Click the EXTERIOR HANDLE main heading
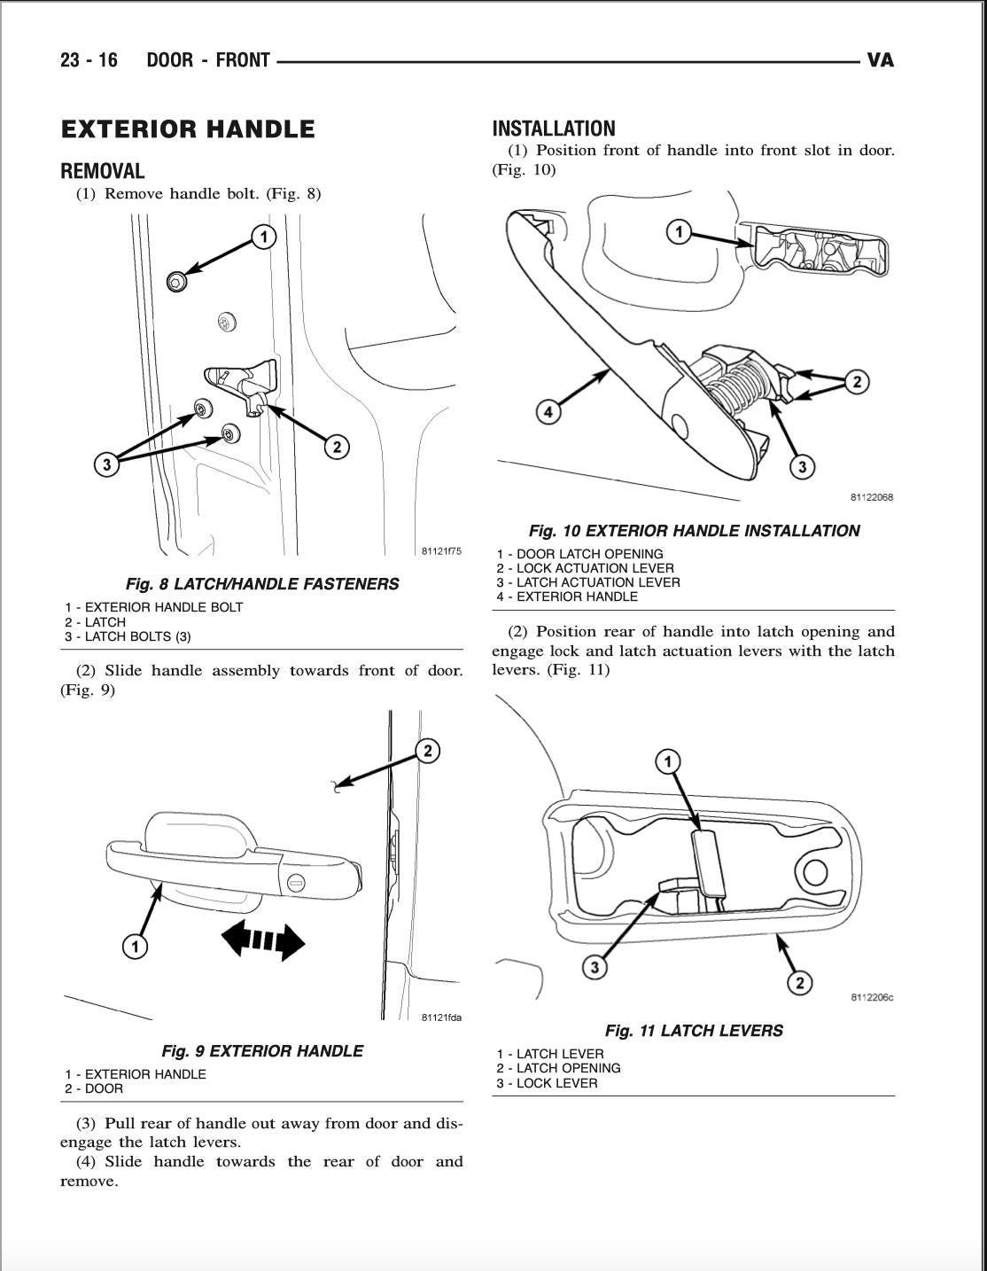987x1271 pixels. point(187,129)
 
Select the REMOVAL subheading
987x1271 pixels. point(102,171)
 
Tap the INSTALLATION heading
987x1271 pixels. point(553,129)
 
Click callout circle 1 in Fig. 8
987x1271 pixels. point(263,237)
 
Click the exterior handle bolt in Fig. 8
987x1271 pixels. point(176,282)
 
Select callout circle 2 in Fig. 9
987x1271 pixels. point(427,752)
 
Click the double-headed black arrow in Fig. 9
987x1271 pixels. point(262,940)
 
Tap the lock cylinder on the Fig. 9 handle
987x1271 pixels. point(296,883)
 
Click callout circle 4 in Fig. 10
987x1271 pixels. point(548,412)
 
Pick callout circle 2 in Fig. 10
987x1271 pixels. point(856,382)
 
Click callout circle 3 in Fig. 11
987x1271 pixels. point(595,967)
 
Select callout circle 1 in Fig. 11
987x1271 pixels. point(667,761)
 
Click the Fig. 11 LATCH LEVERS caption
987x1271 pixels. point(694,1030)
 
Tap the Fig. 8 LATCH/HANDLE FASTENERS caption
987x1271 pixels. point(261,583)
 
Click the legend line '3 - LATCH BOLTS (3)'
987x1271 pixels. point(128,636)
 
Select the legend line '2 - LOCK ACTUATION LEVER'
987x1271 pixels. point(585,568)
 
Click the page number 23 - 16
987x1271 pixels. point(89,60)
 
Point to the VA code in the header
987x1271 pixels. point(880,60)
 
